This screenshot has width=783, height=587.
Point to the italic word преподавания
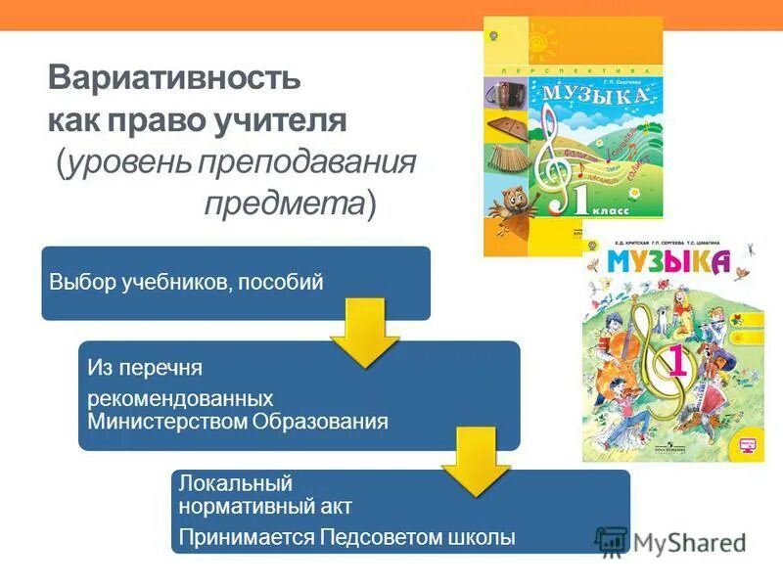pyautogui.click(x=307, y=162)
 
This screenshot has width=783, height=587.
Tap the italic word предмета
pyautogui.click(x=285, y=203)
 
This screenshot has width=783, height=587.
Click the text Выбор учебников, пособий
pyautogui.click(x=186, y=283)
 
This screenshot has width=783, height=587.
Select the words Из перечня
pyautogui.click(x=145, y=369)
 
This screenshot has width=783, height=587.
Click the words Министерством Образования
pyautogui.click(x=238, y=422)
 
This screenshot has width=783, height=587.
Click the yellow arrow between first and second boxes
pyautogui.click(x=364, y=334)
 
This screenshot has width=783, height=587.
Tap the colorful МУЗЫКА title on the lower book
pyautogui.click(x=668, y=262)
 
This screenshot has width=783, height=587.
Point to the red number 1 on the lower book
pyautogui.click(x=676, y=364)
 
